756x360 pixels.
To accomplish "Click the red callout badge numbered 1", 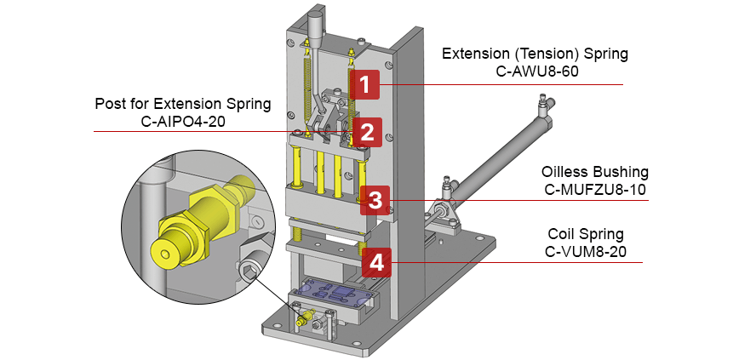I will [x=364, y=85].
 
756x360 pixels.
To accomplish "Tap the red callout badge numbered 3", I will [x=375, y=201].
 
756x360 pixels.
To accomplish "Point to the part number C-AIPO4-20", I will [x=182, y=122].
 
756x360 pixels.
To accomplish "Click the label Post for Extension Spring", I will [x=182, y=104].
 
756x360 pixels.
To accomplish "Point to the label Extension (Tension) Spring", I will [x=535, y=54].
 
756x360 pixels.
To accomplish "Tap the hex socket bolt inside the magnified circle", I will [x=248, y=272].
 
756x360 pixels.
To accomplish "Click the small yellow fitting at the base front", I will [x=303, y=321].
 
